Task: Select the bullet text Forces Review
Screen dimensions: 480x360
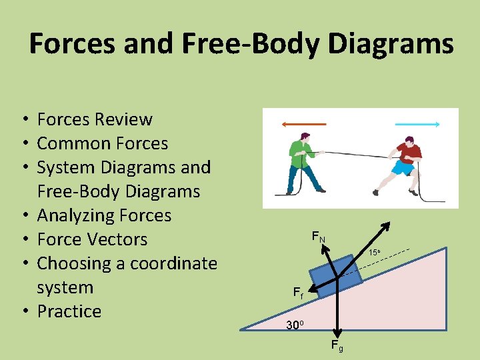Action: click(95, 119)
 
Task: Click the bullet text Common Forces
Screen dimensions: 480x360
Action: click(103, 143)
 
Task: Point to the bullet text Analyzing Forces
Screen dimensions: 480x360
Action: click(104, 215)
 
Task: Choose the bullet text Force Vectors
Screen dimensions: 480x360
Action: click(92, 239)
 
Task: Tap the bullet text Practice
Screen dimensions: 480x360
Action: click(69, 311)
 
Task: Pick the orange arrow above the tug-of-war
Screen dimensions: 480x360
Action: click(303, 124)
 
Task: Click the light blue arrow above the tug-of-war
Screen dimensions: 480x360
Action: click(417, 124)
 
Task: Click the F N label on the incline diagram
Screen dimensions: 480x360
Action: click(319, 237)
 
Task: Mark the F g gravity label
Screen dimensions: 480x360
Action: click(337, 345)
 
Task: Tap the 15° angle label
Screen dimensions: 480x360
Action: click(375, 253)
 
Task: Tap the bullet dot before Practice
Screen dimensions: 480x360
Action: click(23, 312)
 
